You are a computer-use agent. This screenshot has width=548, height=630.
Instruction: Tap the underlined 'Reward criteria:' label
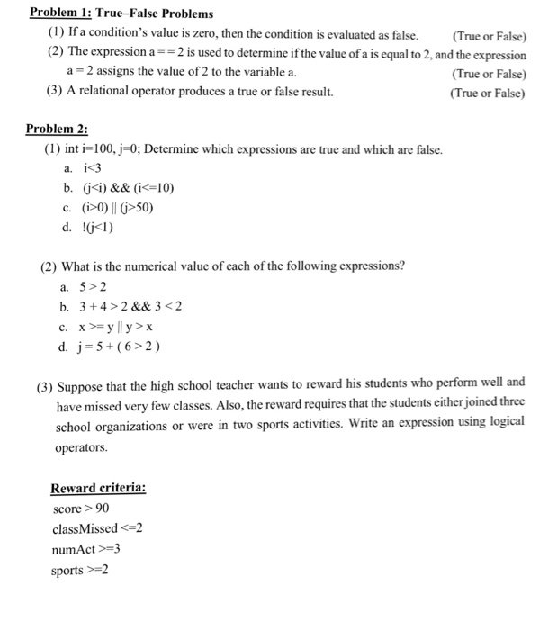98,488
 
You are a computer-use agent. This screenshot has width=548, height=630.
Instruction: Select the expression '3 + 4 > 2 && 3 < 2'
132,307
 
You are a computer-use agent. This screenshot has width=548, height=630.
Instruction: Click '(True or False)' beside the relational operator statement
488,93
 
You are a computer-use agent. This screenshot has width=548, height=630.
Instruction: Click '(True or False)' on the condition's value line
488,36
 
